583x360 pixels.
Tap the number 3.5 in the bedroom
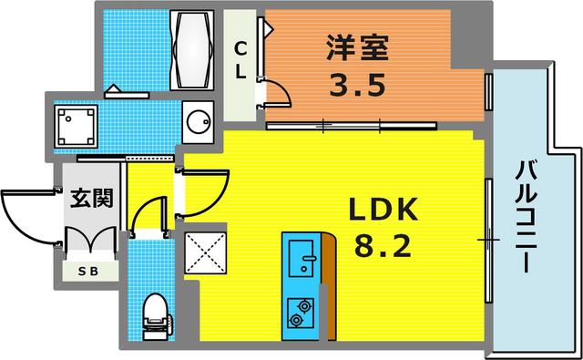(350, 88)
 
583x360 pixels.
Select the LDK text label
(383, 212)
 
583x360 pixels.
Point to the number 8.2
(383, 247)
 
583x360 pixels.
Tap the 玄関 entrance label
(91, 198)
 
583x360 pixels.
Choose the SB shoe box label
(87, 270)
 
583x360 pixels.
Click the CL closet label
(240, 60)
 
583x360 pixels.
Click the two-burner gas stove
(299, 311)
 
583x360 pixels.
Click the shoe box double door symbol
(88, 240)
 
